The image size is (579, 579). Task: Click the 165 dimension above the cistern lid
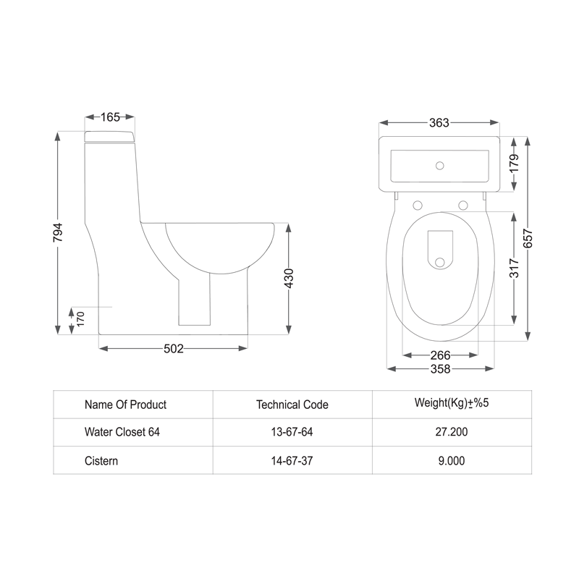[x=111, y=116]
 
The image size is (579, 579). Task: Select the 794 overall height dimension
[x=59, y=233]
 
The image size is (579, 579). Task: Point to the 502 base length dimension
[x=173, y=349]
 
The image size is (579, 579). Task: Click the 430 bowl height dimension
[x=289, y=279]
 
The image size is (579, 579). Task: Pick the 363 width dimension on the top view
[x=439, y=122]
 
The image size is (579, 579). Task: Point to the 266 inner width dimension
[x=440, y=355]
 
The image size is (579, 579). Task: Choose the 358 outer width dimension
[x=440, y=369]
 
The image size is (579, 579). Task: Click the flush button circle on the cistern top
[x=439, y=165]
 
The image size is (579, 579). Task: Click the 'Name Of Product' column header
[x=125, y=405]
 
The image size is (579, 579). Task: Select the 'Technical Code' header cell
[x=292, y=405]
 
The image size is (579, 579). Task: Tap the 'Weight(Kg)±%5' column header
[x=452, y=403]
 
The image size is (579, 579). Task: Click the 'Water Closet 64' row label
[x=122, y=432]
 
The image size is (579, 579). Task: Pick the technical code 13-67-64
[x=292, y=432]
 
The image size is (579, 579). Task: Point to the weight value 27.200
[x=452, y=432]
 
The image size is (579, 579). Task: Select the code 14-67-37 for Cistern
[x=292, y=460]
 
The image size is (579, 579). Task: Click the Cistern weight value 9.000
[x=452, y=460]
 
